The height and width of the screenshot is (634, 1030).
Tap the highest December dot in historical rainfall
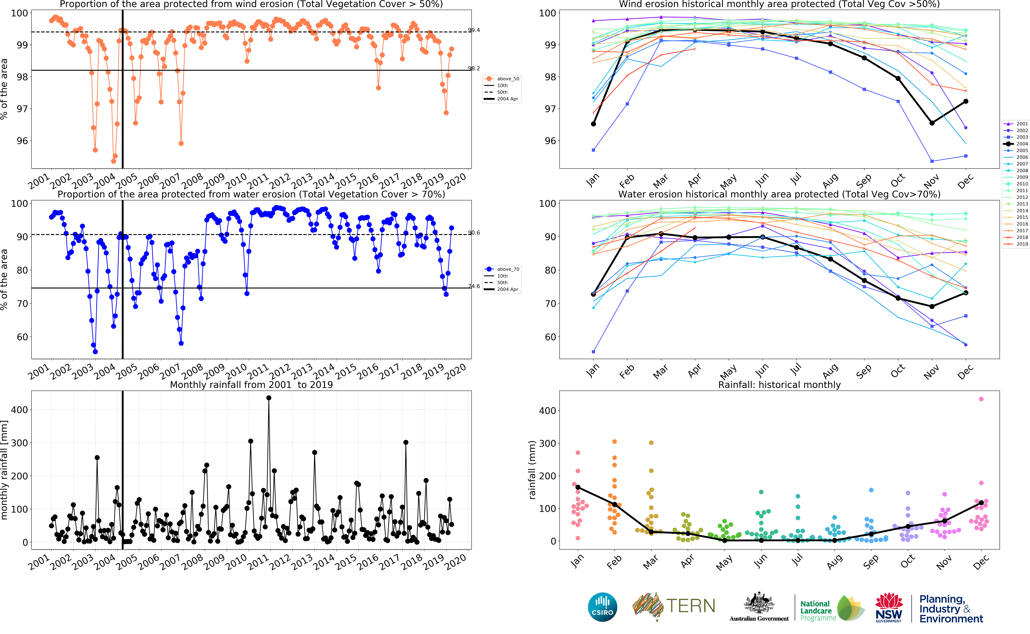click(981, 399)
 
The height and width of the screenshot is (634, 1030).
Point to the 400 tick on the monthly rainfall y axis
click(19, 410)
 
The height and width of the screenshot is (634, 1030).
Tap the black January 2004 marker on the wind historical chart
click(593, 124)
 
